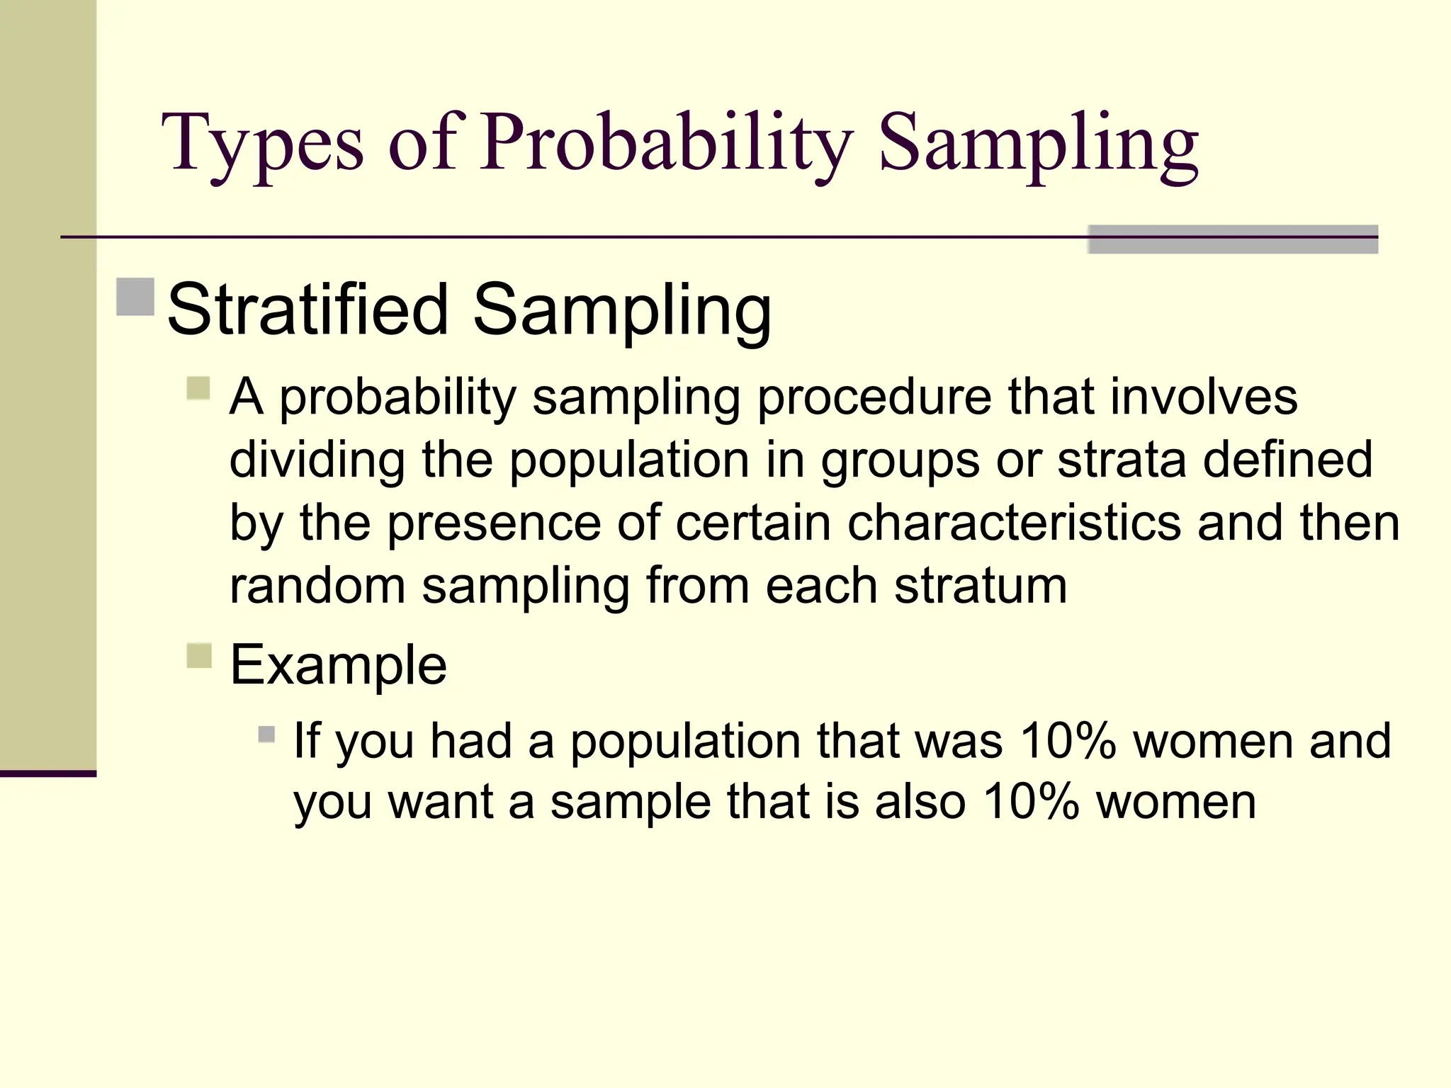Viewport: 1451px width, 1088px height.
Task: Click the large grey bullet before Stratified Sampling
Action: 135,297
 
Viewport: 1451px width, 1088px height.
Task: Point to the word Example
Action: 339,665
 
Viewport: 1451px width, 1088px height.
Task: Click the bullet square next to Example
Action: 200,655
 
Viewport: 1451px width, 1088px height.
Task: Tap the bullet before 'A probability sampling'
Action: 199,388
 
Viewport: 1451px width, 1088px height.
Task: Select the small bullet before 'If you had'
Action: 266,734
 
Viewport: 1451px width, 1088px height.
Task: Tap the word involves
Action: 1204,397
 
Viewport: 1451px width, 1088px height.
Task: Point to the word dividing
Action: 317,460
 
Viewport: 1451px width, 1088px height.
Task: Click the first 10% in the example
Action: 1068,741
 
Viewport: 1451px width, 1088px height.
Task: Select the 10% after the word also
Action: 1031,802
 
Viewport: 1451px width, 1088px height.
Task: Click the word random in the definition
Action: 317,586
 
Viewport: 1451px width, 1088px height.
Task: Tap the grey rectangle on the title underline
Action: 1232,239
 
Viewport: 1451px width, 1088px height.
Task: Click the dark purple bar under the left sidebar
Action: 47,773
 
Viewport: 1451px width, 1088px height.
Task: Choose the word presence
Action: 493,523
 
